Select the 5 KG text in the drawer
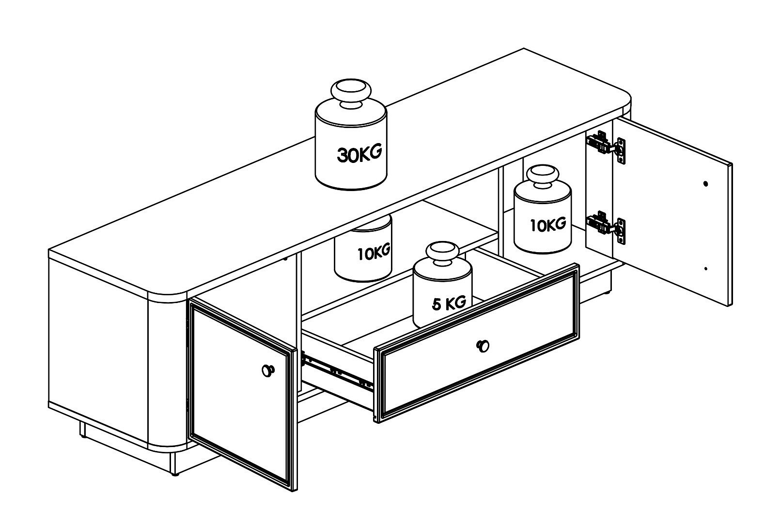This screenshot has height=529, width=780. (449, 303)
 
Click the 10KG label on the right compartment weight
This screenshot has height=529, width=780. (548, 224)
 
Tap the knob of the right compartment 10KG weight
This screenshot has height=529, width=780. (543, 176)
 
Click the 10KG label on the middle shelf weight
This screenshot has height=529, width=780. (374, 253)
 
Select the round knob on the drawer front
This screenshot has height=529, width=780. (483, 346)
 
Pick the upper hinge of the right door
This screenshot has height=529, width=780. (606, 147)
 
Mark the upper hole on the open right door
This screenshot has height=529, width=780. (706, 184)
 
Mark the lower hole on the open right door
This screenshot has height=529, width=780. (705, 269)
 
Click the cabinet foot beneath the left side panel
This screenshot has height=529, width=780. (82, 430)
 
